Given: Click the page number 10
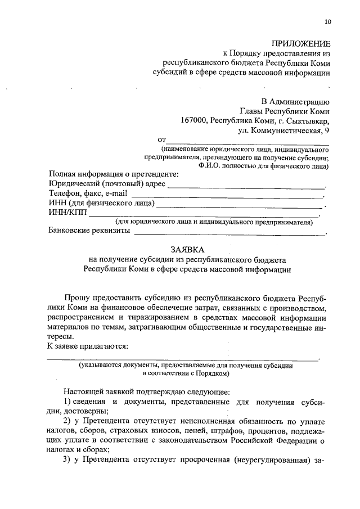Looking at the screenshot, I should click(328, 22).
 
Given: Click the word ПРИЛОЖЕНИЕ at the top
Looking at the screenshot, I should click(301, 43).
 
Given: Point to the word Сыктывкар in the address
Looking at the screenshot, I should click(307, 120).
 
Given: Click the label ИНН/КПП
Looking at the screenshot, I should click(67, 213).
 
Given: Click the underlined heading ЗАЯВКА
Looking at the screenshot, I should click(188, 249).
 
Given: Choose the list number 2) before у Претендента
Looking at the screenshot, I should click(66, 421).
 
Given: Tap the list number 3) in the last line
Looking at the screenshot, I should click(66, 460).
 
